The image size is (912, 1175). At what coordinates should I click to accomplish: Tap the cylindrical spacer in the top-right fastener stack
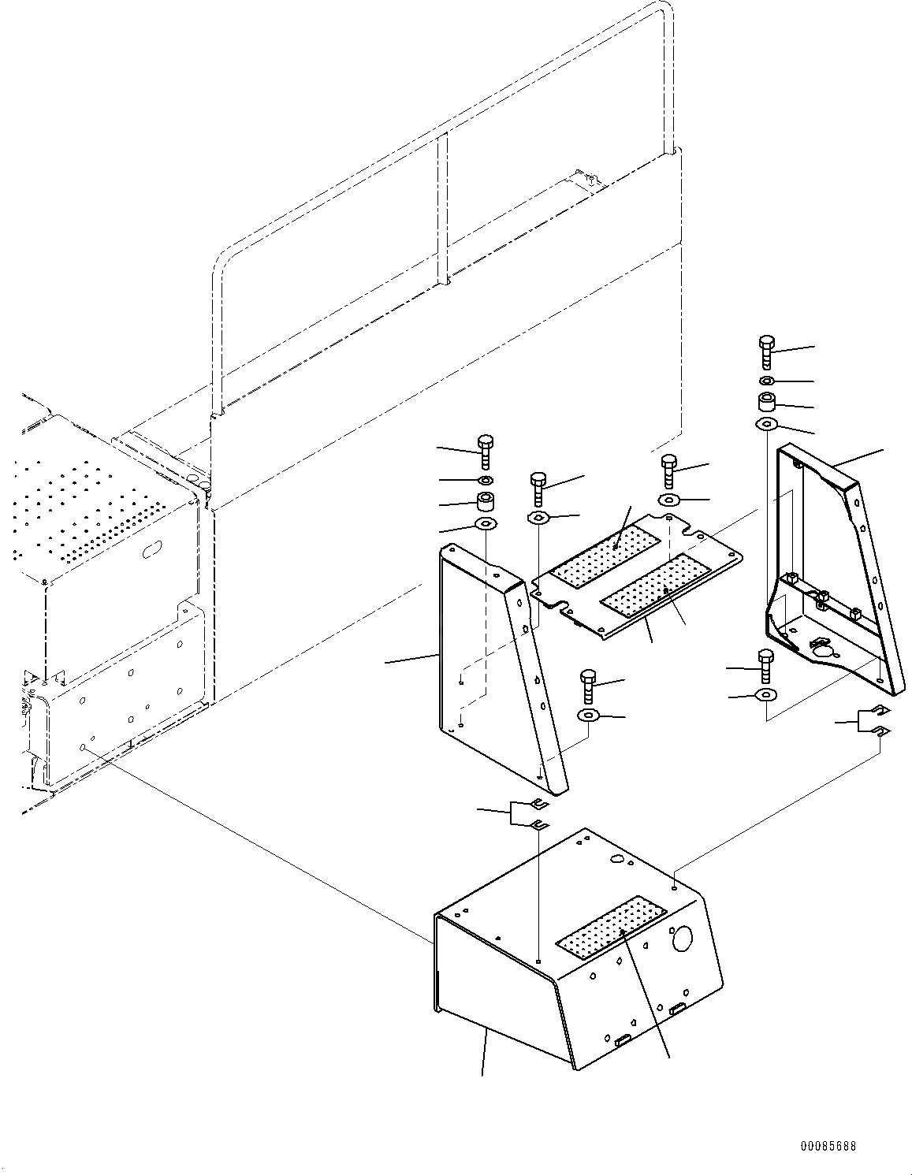[767, 403]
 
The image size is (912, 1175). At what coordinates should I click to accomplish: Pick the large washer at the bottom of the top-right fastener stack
[766, 426]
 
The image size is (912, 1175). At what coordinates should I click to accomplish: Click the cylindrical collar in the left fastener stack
[486, 501]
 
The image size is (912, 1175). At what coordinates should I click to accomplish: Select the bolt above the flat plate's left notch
[538, 489]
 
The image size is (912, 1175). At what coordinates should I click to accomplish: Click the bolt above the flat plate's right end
[669, 470]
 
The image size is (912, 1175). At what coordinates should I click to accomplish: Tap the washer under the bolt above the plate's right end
[670, 500]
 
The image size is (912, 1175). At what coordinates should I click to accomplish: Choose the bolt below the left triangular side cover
[588, 685]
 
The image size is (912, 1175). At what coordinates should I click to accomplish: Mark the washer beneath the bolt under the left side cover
[588, 716]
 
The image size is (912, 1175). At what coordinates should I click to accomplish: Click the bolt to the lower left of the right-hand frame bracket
[765, 665]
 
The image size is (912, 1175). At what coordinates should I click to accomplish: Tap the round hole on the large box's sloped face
[680, 939]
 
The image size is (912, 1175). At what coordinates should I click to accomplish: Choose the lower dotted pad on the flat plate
[657, 585]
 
